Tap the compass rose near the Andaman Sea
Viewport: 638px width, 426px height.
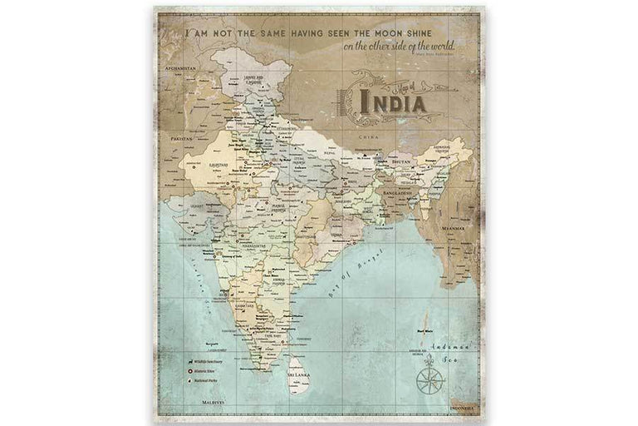pos(430,379)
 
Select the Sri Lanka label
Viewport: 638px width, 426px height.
pos(298,375)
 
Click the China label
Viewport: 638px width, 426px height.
pos(362,134)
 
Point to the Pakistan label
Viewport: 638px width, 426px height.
pos(181,139)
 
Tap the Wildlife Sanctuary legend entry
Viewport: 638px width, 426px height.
pos(209,363)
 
